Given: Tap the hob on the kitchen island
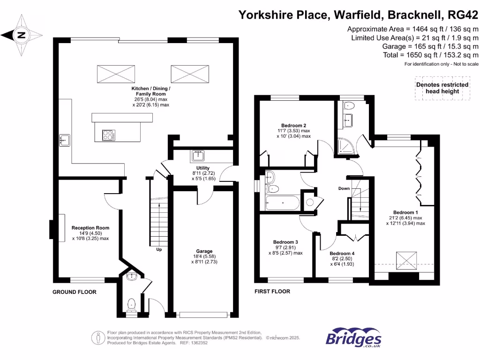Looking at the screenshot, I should (x=108, y=135).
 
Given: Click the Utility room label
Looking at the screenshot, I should (x=203, y=168).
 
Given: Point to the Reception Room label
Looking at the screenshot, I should (x=90, y=228).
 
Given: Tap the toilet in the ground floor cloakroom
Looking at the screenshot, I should (x=131, y=305).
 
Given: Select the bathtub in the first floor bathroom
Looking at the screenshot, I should (x=281, y=203).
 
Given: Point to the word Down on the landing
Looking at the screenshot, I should (x=344, y=189).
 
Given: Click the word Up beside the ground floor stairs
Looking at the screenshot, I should (x=159, y=249).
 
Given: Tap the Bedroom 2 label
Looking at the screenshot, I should (x=293, y=125).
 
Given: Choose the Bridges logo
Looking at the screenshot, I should (x=353, y=339).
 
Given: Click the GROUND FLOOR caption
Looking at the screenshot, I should (x=74, y=292).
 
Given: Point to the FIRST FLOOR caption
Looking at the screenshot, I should (x=272, y=292).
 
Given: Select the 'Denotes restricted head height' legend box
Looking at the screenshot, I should (x=442, y=88).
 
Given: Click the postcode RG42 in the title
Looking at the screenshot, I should (x=464, y=15).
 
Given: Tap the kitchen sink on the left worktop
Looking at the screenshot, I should (x=64, y=140).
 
